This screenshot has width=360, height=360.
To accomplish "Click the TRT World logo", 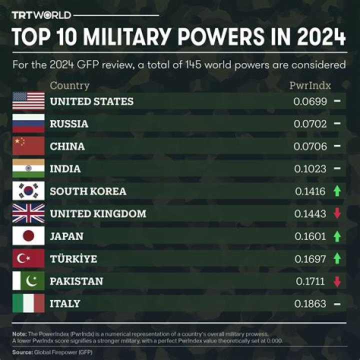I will (41, 15).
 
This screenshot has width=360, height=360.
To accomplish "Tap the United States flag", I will (28, 101).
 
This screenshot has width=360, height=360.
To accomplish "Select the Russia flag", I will (28, 123).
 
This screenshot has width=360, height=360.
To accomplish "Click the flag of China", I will (28, 146).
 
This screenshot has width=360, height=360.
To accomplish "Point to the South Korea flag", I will (28, 191).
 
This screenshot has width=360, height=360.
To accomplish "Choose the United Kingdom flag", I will (28, 213).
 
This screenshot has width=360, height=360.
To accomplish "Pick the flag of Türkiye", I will (28, 258).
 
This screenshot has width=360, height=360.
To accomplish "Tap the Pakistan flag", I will (28, 281).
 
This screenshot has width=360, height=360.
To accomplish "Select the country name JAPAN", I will (66, 236).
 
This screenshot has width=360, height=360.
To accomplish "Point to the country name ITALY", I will (65, 303).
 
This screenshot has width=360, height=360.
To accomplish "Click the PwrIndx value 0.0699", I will (310, 101).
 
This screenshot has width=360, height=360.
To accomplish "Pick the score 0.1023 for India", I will (310, 169).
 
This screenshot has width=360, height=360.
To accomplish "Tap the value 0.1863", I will (310, 303).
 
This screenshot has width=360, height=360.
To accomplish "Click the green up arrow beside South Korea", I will (337, 191).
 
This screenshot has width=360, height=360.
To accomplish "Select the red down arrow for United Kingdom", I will (337, 213).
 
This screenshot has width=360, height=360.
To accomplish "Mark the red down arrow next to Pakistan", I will (337, 281).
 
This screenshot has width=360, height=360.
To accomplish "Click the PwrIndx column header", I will (310, 85).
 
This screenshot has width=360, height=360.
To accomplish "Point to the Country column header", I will (70, 85).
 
